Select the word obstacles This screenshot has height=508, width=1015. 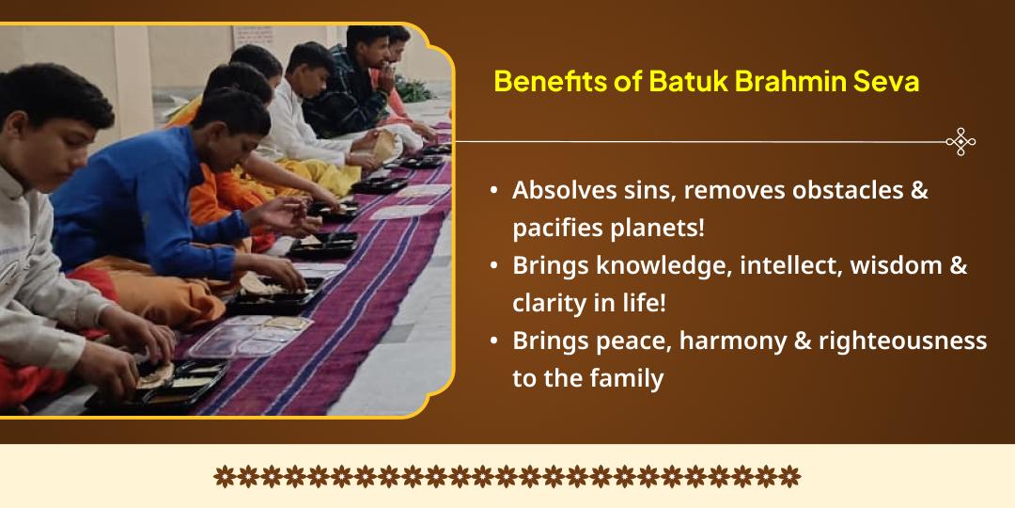click(833, 190)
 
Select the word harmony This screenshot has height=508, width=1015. click(720, 341)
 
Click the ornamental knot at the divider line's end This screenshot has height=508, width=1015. click(960, 142)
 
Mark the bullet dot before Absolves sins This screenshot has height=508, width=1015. click(494, 191)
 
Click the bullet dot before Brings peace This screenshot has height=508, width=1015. click(494, 342)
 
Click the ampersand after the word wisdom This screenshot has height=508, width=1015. click(958, 266)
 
